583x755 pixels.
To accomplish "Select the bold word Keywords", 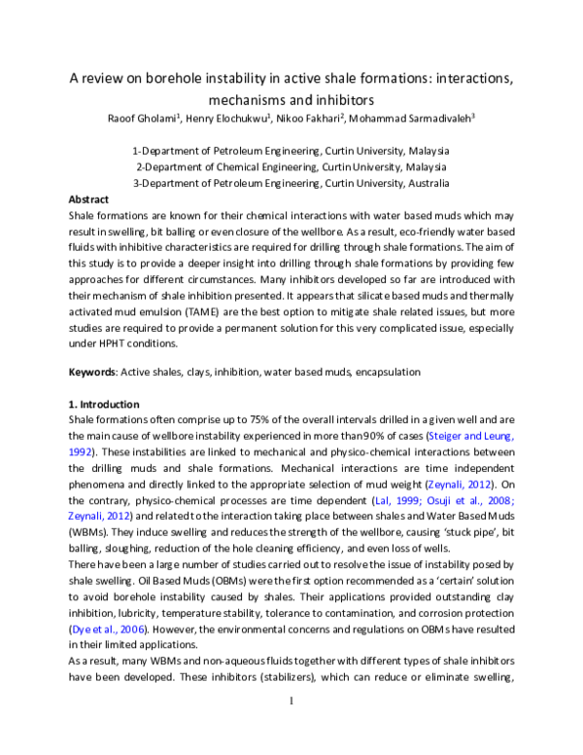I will point(92,373).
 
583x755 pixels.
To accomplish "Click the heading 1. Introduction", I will point(104,405).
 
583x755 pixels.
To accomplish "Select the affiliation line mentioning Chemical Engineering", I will point(291,167).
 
